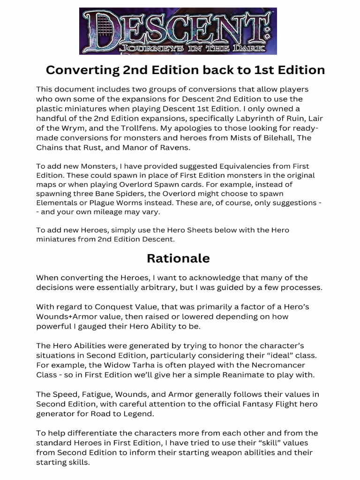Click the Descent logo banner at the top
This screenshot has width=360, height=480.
click(x=178, y=31)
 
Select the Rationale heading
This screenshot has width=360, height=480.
click(x=178, y=258)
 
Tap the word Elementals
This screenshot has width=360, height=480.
click(x=57, y=203)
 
